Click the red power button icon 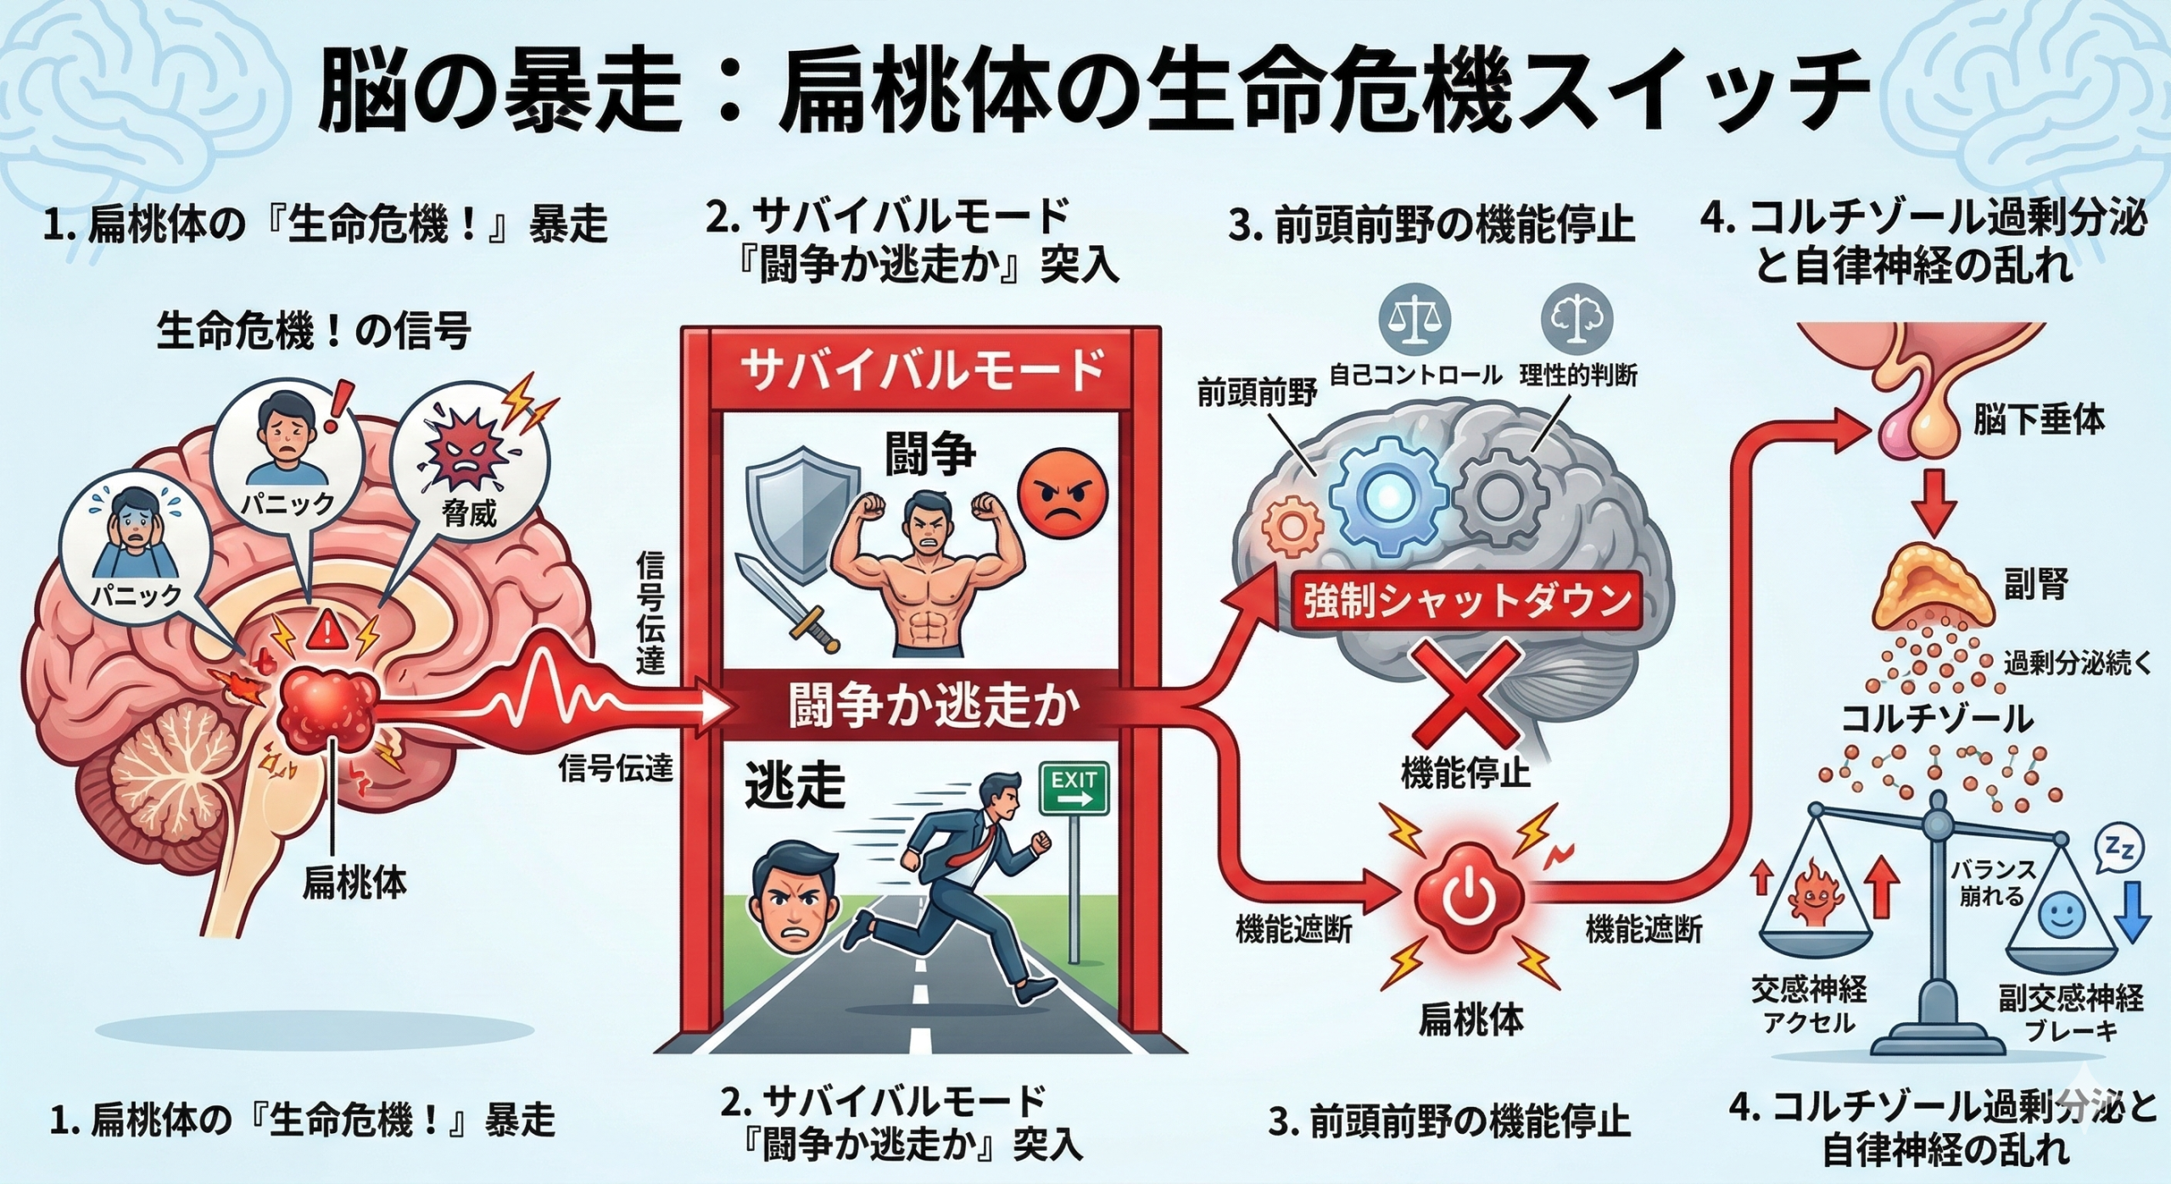click(x=1467, y=901)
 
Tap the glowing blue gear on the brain click(x=1387, y=496)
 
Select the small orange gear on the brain click(x=1291, y=526)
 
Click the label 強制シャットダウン click(x=1467, y=601)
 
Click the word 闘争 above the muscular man click(x=929, y=455)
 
